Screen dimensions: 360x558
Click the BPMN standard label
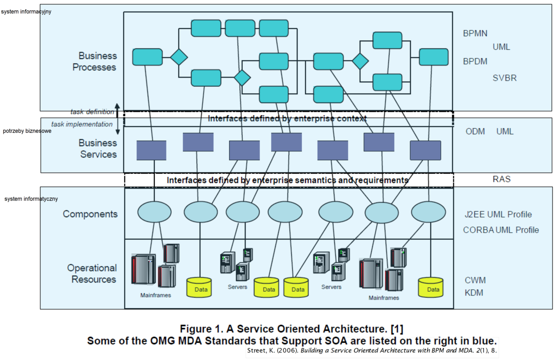pyautogui.click(x=475, y=34)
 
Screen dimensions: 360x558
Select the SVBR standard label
pyautogui.click(x=505, y=78)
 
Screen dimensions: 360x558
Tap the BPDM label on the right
pyautogui.click(x=475, y=61)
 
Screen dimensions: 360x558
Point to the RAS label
pyautogui.click(x=502, y=179)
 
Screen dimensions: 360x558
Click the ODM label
pyautogui.click(x=475, y=131)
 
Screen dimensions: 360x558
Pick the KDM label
pyautogui.click(x=474, y=293)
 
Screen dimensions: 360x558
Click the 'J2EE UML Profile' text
pyautogui.click(x=498, y=215)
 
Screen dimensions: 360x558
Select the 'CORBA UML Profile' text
pyautogui.click(x=501, y=230)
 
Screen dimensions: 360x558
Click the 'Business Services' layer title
pyautogui.click(x=98, y=149)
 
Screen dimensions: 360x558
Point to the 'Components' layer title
pyautogui.click(x=90, y=214)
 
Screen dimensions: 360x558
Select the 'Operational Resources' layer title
pyautogui.click(x=92, y=274)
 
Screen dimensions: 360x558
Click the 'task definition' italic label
pyautogui.click(x=92, y=111)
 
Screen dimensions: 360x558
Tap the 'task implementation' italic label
pyautogui.click(x=82, y=124)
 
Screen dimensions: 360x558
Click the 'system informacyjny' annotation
pyautogui.click(x=26, y=12)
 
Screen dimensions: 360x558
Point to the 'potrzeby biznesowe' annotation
pyautogui.click(x=27, y=131)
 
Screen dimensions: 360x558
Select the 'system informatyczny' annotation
pyautogui.click(x=31, y=199)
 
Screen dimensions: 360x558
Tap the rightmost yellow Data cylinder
pyautogui.click(x=431, y=288)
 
